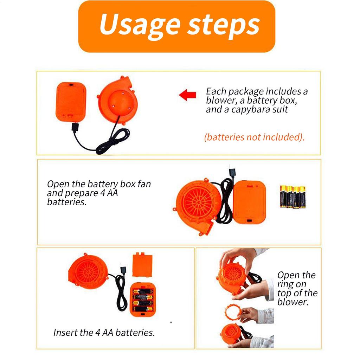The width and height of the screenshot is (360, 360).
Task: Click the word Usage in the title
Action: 140,26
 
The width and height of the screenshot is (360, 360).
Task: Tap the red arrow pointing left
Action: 188,95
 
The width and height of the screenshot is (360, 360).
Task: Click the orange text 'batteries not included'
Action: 254,137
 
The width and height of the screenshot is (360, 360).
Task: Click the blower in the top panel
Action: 118,100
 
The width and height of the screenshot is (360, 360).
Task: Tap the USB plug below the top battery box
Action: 75,127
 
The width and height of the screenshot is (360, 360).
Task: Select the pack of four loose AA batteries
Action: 293,197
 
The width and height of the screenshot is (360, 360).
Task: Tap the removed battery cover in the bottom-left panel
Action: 142,265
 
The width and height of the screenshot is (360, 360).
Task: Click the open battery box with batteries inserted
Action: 143,300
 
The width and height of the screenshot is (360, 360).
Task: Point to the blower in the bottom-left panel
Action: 88,271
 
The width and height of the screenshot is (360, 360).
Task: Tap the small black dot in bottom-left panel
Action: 171,322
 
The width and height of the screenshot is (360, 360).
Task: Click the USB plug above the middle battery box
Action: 232,173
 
